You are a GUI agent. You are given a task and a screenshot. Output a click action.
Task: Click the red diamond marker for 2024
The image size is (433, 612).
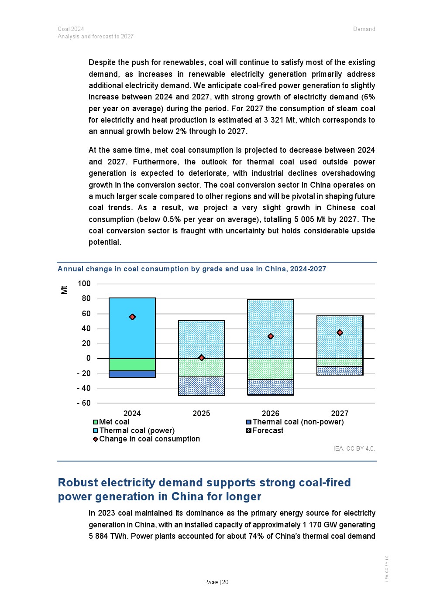tap(132, 317)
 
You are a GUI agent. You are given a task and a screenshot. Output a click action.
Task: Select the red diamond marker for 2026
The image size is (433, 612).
tap(271, 336)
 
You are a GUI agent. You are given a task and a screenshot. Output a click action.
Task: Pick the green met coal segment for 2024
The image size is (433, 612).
tap(132, 365)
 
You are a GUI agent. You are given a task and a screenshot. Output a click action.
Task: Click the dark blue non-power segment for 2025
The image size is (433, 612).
tap(201, 386)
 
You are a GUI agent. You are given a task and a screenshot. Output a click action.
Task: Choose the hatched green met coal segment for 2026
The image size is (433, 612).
tap(271, 369)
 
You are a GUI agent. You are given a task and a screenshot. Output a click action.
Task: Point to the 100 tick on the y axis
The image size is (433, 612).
tap(84, 284)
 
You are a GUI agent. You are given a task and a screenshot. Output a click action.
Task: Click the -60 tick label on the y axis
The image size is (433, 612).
tap(83, 403)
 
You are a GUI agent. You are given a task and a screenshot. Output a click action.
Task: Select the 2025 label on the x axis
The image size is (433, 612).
tap(201, 414)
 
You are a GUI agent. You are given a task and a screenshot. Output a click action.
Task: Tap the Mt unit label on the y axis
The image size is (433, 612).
tap(64, 290)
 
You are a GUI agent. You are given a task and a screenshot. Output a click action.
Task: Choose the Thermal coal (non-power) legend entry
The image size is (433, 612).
tap(295, 422)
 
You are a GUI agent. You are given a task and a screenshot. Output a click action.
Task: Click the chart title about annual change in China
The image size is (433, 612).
tap(192, 269)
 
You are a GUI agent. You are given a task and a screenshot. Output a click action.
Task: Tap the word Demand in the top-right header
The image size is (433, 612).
tap(364, 29)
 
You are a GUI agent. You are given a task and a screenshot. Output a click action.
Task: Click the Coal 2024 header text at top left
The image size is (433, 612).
tap(71, 29)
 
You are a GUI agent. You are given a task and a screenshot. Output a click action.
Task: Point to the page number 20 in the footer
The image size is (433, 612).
tap(225, 582)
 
